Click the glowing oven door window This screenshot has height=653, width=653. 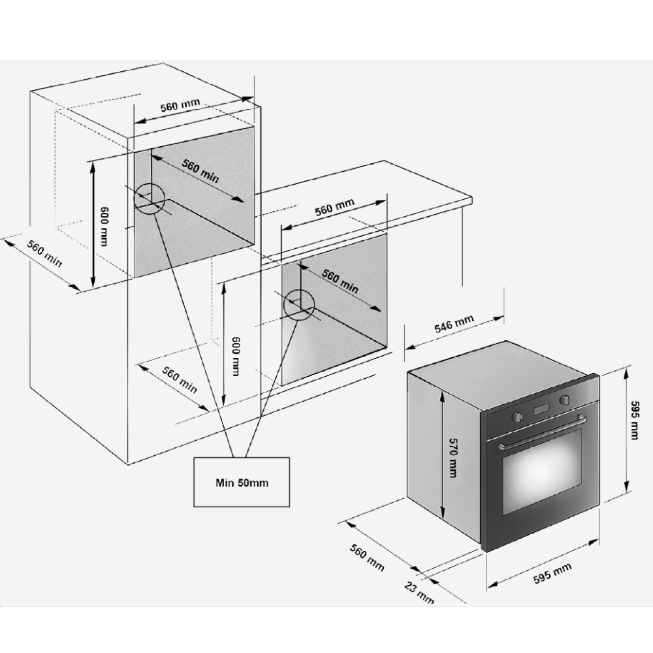[541, 472]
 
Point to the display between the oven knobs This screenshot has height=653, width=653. [541, 409]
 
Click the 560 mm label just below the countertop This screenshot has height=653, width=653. [334, 207]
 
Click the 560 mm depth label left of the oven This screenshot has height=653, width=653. [367, 556]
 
